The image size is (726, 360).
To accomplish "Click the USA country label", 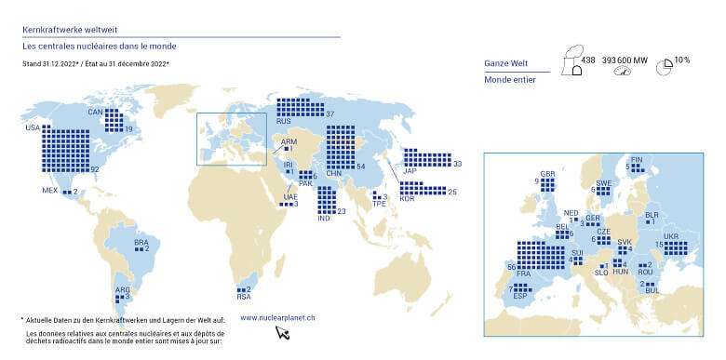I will click(x=33, y=127).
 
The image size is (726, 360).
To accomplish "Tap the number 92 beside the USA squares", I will click(x=94, y=168).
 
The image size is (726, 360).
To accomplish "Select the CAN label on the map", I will click(x=94, y=112).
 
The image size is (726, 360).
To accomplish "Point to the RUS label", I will click(x=285, y=120).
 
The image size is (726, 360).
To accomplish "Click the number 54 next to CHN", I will click(x=360, y=166).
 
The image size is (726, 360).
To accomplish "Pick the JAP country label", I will click(x=409, y=170).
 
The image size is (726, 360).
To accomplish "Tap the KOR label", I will click(x=406, y=199).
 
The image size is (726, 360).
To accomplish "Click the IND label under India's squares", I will click(x=324, y=218).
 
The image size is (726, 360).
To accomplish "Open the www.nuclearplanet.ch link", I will click(x=277, y=317).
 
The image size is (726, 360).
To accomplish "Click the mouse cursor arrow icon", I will click(x=282, y=333).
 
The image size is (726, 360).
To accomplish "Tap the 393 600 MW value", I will click(x=625, y=60).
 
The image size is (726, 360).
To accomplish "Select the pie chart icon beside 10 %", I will click(x=665, y=67).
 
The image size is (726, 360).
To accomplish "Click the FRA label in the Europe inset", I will click(x=523, y=273).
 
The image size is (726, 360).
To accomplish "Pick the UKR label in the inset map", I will click(x=671, y=235).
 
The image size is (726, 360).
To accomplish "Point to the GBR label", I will click(x=547, y=174).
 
